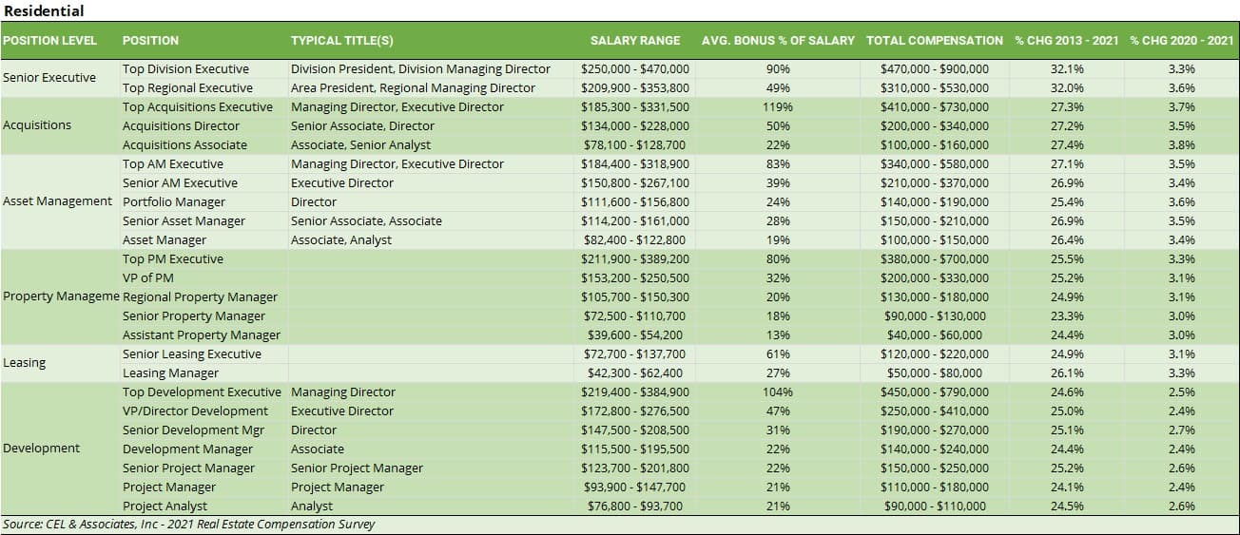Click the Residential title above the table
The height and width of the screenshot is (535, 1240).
pos(44,11)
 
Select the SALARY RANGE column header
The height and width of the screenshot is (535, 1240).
pos(635,41)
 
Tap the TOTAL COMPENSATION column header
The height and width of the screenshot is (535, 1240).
pos(934,41)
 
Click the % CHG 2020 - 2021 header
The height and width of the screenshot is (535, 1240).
pos(1181,41)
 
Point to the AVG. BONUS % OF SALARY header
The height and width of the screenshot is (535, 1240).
pos(778,41)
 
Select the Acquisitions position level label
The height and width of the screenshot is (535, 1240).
pos(37,125)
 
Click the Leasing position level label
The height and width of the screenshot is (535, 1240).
pos(25,363)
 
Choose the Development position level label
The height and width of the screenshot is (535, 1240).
pos(42,449)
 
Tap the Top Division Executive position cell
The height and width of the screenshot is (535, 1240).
pos(185,69)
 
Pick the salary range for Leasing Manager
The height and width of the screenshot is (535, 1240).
pos(635,373)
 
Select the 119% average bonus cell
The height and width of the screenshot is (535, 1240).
pos(778,107)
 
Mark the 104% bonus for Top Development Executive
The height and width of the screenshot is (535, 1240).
pos(778,392)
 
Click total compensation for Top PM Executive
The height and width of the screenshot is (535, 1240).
pos(936,259)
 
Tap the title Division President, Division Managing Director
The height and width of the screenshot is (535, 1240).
pos(420,69)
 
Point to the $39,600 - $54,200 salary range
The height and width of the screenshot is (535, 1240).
pos(635,335)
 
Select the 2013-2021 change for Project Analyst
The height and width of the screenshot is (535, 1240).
pos(1067,506)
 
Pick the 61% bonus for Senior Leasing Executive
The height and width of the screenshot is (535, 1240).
pos(778,354)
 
